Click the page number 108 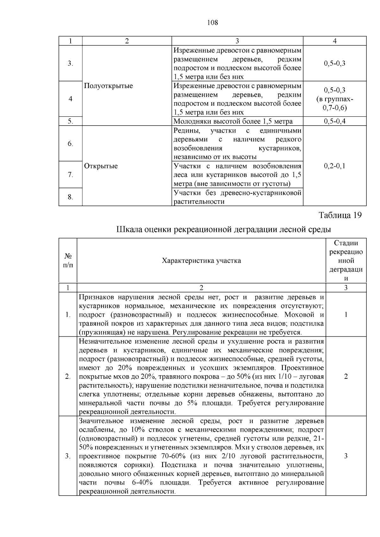(x=212, y=22)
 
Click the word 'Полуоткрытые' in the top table (x=109, y=86)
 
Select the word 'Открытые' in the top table (x=101, y=166)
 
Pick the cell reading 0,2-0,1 (x=335, y=166)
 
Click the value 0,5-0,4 (x=335, y=121)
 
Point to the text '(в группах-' (x=335, y=99)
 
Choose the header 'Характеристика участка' (x=201, y=261)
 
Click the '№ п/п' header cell (x=68, y=260)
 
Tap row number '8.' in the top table (x=70, y=197)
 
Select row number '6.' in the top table (x=70, y=144)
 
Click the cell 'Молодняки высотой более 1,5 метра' (x=233, y=121)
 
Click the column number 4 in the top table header (x=335, y=41)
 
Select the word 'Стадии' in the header (x=346, y=243)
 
